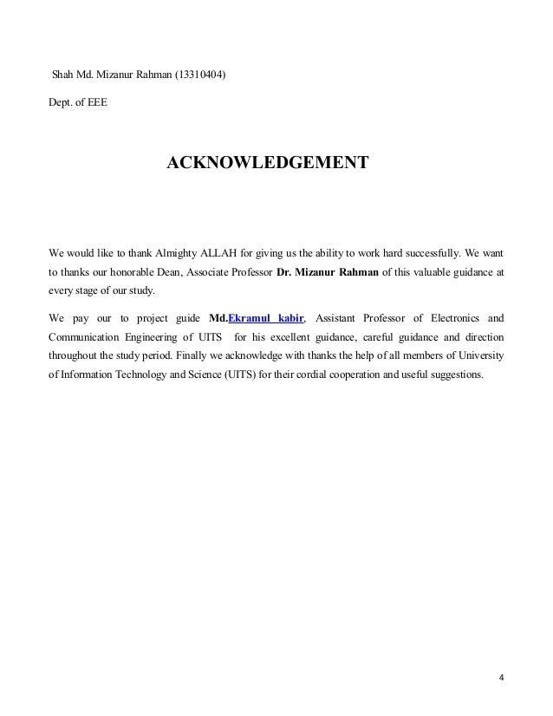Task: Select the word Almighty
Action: pyautogui.click(x=176, y=254)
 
